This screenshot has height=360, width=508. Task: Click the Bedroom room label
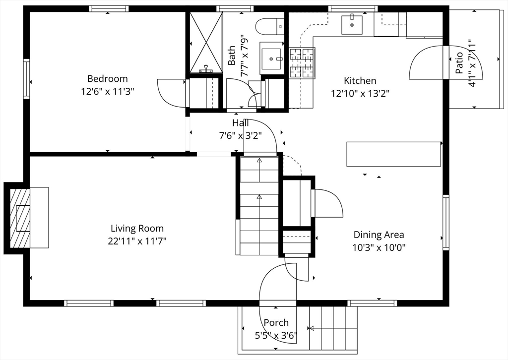(x=108, y=79)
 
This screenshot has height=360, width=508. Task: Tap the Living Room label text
(x=137, y=229)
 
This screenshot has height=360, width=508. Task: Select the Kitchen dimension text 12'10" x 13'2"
(x=360, y=94)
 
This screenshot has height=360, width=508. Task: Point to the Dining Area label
(x=379, y=235)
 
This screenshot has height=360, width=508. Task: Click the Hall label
(x=241, y=123)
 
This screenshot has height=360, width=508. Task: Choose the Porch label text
(x=276, y=323)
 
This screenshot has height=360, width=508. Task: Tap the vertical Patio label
(x=459, y=63)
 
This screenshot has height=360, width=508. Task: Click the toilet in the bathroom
(x=270, y=26)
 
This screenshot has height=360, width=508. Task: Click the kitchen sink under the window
(x=352, y=24)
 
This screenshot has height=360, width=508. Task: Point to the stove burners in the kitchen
(x=302, y=63)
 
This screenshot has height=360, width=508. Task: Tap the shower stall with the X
(x=206, y=42)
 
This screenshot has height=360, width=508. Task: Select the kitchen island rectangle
(x=393, y=154)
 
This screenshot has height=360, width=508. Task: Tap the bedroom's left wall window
(x=26, y=79)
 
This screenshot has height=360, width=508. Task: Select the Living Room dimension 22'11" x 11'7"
(x=137, y=241)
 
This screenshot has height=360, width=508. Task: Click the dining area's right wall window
(x=446, y=223)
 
